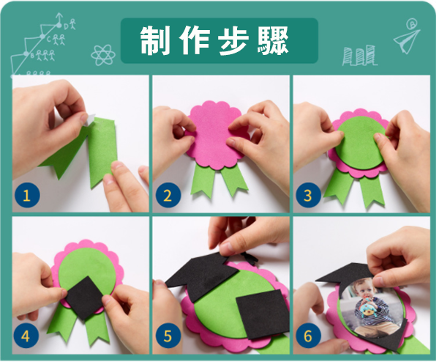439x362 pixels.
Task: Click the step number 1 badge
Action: pyautogui.click(x=26, y=195)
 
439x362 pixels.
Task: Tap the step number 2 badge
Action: pyautogui.click(x=168, y=195)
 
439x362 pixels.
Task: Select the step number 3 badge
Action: pyautogui.click(x=308, y=195)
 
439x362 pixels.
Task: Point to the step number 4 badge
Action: pyautogui.click(x=26, y=336)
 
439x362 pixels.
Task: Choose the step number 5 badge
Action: pyautogui.click(x=168, y=336)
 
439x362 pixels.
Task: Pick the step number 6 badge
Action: pyautogui.click(x=308, y=336)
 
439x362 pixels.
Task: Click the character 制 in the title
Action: pyautogui.click(x=155, y=40)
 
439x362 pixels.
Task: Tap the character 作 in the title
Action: pyautogui.click(x=195, y=40)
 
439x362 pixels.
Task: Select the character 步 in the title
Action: pyautogui.click(x=234, y=40)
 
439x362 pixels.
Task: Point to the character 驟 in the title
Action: pyautogui.click(x=273, y=40)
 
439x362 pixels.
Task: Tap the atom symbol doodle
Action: pyautogui.click(x=103, y=55)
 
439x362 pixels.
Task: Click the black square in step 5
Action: pyautogui.click(x=263, y=314)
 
